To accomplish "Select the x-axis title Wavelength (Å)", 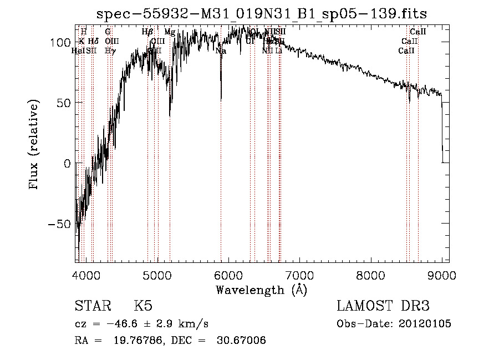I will click(261, 290).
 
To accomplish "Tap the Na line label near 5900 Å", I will click(221, 51).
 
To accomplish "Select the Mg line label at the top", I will click(170, 32).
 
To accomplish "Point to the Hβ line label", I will click(147, 32).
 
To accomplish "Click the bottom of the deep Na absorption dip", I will click(221, 100).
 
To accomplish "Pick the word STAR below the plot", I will click(92, 306).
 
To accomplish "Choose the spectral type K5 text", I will click(142, 306).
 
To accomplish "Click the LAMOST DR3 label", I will click(383, 306).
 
